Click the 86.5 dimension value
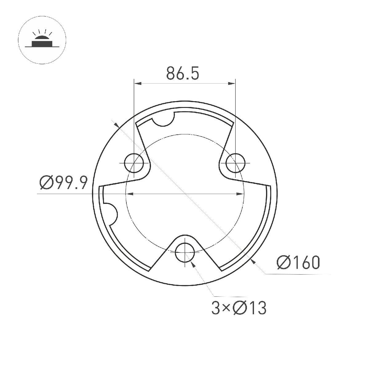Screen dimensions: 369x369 pyautogui.click(x=183, y=73)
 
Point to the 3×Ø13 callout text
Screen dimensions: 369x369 pyautogui.click(x=239, y=308)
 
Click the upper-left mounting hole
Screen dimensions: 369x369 pyautogui.click(x=134, y=162)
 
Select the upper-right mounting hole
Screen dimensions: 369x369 pyautogui.click(x=236, y=162)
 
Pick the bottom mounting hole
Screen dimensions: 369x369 pyautogui.click(x=185, y=252)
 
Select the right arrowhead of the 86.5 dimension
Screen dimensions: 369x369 pyautogui.click(x=232, y=83)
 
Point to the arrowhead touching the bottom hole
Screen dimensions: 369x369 pyautogui.click(x=192, y=263)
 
